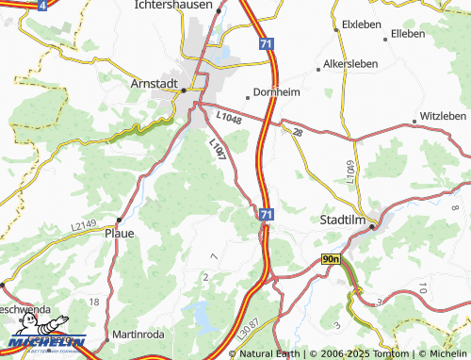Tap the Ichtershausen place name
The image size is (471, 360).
pos(174,5)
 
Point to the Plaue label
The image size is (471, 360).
pos(119,233)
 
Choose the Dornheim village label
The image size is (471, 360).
pos(277,93)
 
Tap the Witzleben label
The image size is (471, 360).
pos(442,115)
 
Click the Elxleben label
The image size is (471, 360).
pos(362,23)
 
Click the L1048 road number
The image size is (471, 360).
pos(229,117)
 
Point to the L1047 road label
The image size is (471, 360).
pos(217,152)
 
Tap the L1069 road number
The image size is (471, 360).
pos(350,172)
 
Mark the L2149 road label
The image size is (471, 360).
pos(84,226)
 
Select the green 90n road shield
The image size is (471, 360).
pos(331,258)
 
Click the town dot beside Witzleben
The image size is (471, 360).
pos(414,122)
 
